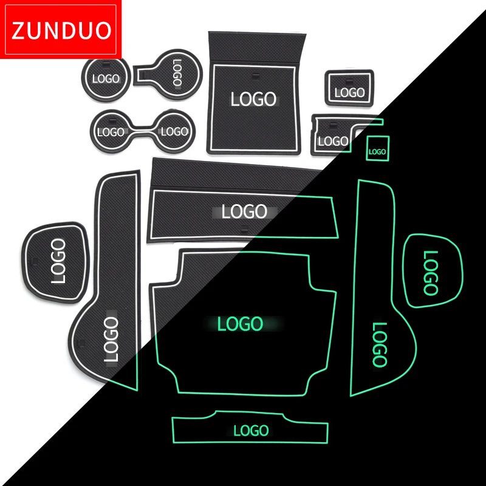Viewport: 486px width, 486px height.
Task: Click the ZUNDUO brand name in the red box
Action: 61,30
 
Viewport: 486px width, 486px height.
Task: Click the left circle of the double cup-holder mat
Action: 111,131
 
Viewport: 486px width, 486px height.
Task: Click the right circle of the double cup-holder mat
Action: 174,131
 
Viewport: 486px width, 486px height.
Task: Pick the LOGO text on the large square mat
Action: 253,99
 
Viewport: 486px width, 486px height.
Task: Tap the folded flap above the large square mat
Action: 256,47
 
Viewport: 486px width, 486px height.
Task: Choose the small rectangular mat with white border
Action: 349,88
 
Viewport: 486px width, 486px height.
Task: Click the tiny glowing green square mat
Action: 377,148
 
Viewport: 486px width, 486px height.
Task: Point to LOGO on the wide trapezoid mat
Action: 244,211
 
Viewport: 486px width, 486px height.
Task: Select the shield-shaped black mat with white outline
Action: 55,262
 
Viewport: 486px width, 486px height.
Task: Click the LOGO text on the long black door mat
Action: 111,339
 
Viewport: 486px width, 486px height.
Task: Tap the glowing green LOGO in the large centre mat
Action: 240,324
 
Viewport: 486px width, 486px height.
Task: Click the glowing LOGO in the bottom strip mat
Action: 251,431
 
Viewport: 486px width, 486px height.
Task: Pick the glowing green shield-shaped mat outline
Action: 433,270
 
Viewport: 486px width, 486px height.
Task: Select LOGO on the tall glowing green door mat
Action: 379,344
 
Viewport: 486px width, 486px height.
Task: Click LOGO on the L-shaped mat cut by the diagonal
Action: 334,142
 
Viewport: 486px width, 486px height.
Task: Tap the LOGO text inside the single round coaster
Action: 106,79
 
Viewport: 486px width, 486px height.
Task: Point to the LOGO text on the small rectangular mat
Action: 350,92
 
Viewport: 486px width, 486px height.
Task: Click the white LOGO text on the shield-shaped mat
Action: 58,261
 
